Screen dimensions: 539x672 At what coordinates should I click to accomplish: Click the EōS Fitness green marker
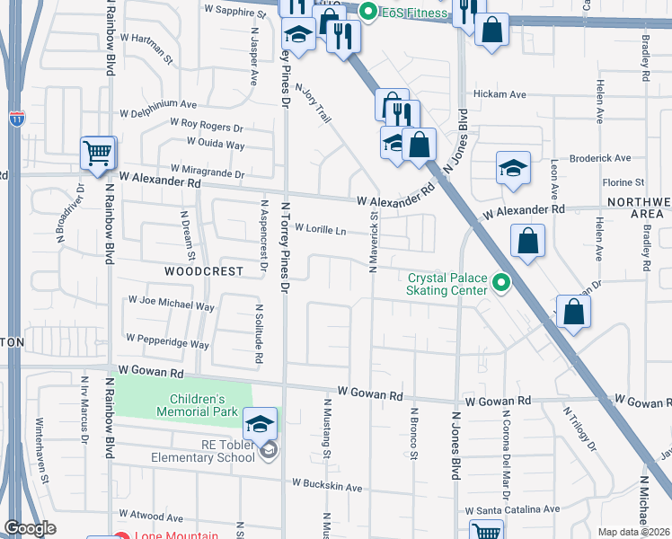(x=367, y=13)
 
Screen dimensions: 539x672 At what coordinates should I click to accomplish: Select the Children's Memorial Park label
(x=203, y=405)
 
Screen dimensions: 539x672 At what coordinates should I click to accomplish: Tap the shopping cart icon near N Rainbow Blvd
(x=97, y=152)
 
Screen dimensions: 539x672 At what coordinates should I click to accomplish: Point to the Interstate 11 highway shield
(x=16, y=117)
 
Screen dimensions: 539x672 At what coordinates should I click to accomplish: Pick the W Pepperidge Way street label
(x=167, y=342)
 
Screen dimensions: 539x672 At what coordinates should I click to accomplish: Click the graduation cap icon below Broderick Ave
(x=513, y=168)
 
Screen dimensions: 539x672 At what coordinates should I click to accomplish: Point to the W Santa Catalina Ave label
(x=513, y=509)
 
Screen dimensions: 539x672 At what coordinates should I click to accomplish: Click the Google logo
(x=30, y=529)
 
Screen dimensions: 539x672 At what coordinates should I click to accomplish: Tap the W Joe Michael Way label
(x=172, y=305)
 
